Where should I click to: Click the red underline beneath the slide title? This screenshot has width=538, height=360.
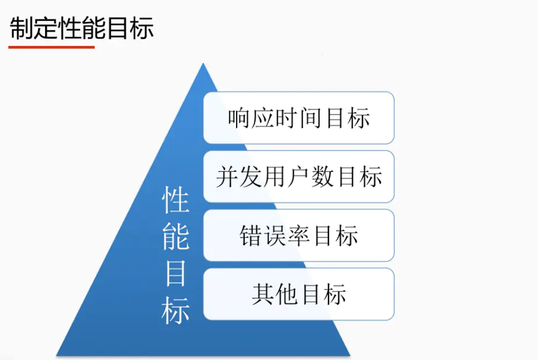pyautogui.click(x=51, y=47)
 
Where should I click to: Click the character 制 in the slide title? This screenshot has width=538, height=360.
pyautogui.click(x=22, y=28)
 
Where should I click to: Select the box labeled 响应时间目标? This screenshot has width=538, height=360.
pyautogui.click(x=298, y=118)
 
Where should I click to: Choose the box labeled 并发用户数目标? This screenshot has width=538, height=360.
pyautogui.click(x=298, y=177)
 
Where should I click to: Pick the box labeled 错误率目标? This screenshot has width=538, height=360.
pyautogui.click(x=298, y=235)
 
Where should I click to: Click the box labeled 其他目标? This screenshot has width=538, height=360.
pyautogui.click(x=298, y=294)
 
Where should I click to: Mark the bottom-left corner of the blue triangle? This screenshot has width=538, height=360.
pyautogui.click(x=57, y=355)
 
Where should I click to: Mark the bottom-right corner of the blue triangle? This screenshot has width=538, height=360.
pyautogui.click(x=350, y=355)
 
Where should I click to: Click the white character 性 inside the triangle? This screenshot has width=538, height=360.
pyautogui.click(x=175, y=199)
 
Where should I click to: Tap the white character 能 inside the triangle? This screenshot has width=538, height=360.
pyautogui.click(x=175, y=236)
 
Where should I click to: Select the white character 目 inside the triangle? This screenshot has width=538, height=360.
pyautogui.click(x=175, y=273)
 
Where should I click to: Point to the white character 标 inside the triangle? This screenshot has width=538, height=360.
pyautogui.click(x=175, y=310)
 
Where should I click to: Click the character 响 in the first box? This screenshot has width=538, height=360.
pyautogui.click(x=239, y=118)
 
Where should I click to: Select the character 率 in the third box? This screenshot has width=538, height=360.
pyautogui.click(x=298, y=235)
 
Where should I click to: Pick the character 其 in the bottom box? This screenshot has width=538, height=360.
pyautogui.click(x=263, y=294)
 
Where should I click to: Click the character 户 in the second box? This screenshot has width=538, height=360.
pyautogui.click(x=298, y=177)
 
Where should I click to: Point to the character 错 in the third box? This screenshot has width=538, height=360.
pyautogui.click(x=251, y=235)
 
